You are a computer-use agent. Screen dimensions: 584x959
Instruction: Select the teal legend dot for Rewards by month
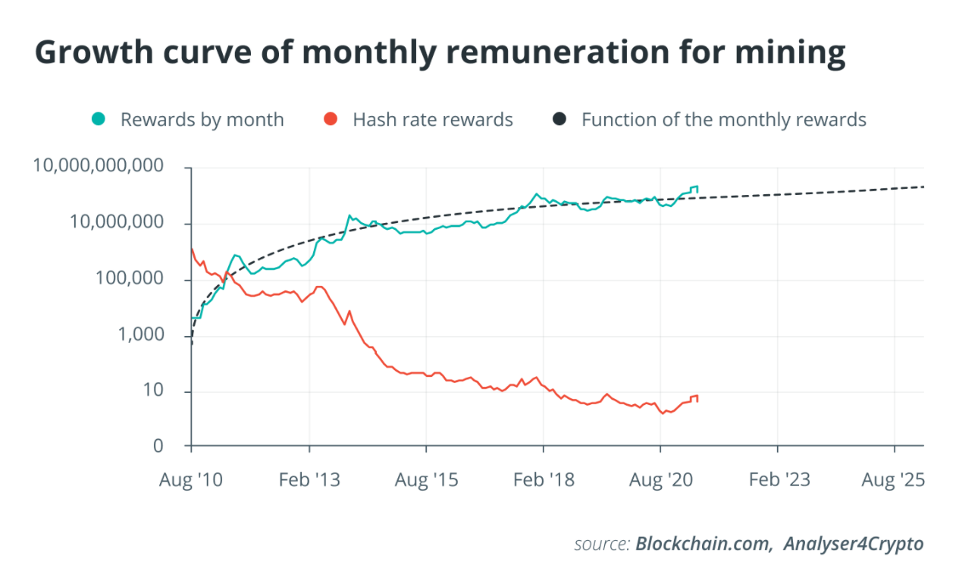(x=99, y=119)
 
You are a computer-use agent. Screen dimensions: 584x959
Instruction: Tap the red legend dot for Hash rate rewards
(x=330, y=119)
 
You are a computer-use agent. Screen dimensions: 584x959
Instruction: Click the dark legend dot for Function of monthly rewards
(x=559, y=119)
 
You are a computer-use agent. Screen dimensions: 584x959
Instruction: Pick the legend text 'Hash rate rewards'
(x=433, y=120)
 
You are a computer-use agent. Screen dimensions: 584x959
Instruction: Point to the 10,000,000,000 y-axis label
(x=99, y=166)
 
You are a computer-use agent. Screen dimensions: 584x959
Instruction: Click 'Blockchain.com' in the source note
(x=701, y=544)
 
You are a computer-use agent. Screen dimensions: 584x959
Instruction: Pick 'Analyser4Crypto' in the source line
(x=854, y=544)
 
